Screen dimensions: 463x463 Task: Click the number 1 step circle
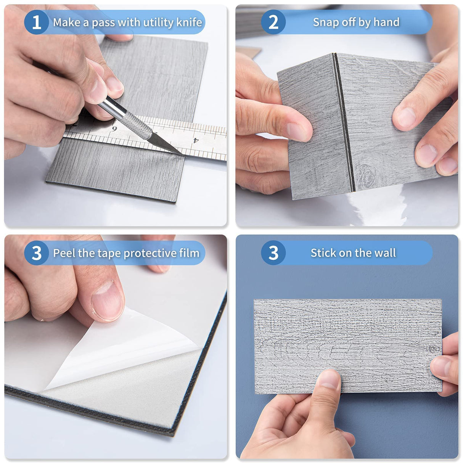tap(37, 22)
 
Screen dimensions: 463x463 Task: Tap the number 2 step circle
tap(273, 22)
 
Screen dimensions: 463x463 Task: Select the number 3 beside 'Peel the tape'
tap(37, 253)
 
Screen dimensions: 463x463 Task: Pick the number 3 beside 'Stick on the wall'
tap(273, 253)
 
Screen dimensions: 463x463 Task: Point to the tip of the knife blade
tap(184, 156)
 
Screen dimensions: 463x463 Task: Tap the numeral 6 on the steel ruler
tap(114, 129)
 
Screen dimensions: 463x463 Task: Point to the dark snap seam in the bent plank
tap(344, 122)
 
